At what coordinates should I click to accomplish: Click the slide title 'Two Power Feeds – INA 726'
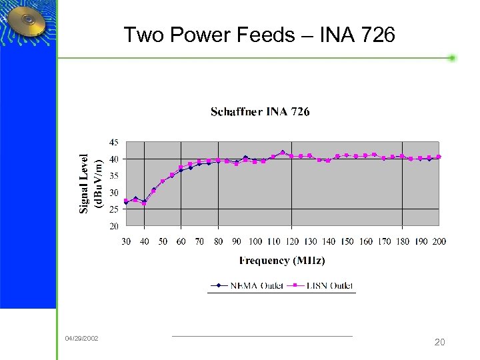tap(259, 35)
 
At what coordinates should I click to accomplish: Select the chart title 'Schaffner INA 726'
tap(260, 111)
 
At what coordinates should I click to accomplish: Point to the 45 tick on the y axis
tap(114, 142)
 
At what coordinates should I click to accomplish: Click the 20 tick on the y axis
tap(114, 226)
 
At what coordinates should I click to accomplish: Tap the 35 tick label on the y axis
tap(114, 176)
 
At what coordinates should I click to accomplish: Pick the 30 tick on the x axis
tap(126, 241)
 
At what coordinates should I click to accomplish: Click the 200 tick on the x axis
tap(439, 241)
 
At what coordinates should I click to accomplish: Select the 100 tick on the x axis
tap(255, 241)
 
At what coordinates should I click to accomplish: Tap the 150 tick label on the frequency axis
tap(347, 241)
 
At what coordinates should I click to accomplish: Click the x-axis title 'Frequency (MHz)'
tap(282, 261)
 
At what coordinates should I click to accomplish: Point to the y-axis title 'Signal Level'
tap(84, 183)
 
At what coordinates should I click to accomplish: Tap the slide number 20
tap(439, 342)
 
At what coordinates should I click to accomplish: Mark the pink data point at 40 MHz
tap(144, 203)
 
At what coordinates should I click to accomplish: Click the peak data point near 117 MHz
tap(283, 153)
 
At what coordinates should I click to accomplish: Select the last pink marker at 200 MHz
tap(439, 157)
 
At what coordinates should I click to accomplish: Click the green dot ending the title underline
tap(452, 58)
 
